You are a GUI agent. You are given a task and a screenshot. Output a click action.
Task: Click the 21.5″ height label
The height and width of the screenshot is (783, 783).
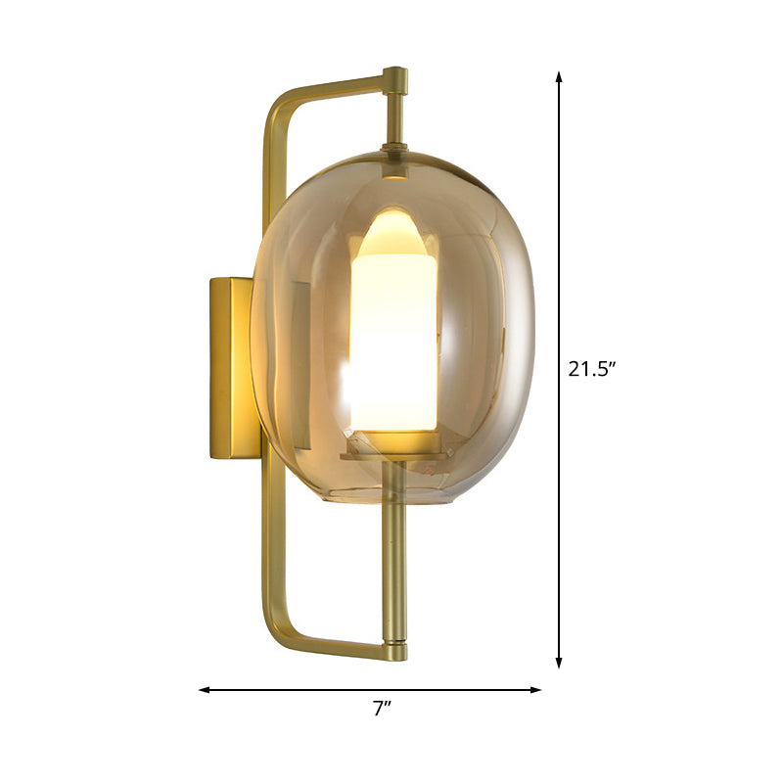pyautogui.click(x=591, y=369)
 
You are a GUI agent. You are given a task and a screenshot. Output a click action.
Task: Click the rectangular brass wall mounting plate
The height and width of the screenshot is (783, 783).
pyautogui.click(x=232, y=367)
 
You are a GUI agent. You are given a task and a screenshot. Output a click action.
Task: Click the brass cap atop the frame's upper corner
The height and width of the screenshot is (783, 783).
pyautogui.click(x=394, y=75)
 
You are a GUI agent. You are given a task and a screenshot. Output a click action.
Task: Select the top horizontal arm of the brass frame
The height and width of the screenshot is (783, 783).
pyautogui.click(x=333, y=85)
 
